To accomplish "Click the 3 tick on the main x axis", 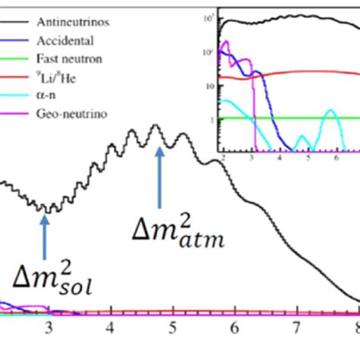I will (49, 328).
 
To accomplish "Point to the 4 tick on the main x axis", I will (112, 328).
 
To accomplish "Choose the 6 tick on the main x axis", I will (235, 328).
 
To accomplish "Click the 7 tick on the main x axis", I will (296, 328).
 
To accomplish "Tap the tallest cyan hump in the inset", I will (330, 112).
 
